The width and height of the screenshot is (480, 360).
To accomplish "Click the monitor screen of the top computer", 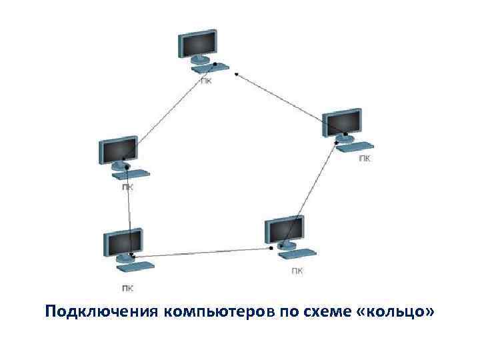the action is coord(198,45).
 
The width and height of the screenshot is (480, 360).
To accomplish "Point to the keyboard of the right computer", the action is coord(355,145).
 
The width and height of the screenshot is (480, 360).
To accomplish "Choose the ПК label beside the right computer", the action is coord(365,158).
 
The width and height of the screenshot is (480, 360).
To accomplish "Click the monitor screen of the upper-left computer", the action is coord(117,151).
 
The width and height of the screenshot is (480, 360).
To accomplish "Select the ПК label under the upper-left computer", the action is coord(127,187).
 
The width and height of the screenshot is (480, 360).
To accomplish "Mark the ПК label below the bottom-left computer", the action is coord(127,289).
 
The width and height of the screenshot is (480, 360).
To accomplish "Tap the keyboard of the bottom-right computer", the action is coord(297,252).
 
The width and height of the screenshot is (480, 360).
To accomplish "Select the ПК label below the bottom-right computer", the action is coord(298,271).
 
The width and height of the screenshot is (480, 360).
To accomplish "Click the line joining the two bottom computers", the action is coord(200,252).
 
